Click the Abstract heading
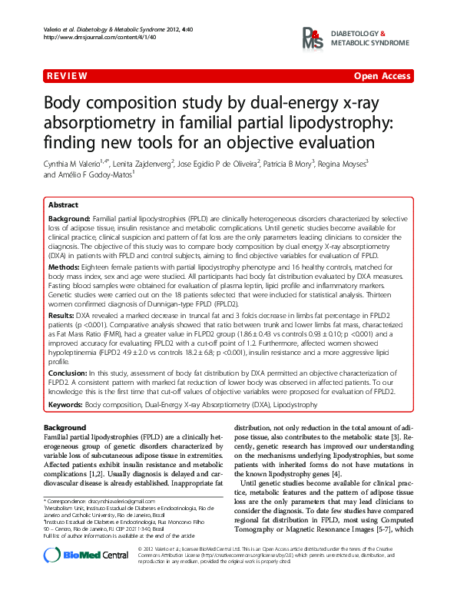(63, 205)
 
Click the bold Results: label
(61, 315)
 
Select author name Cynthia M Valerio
(74, 163)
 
